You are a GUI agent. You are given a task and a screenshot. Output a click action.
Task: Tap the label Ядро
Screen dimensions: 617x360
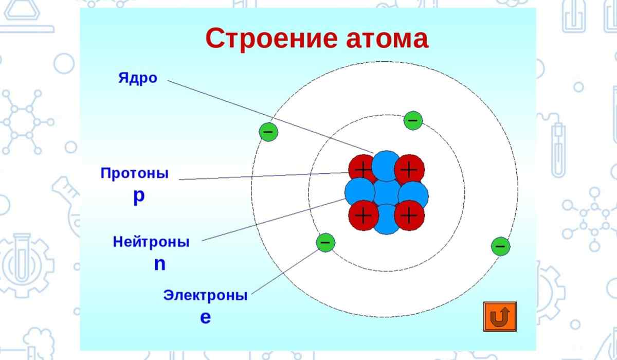click(x=138, y=79)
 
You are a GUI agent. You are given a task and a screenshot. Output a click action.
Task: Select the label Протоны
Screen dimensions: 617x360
click(x=134, y=173)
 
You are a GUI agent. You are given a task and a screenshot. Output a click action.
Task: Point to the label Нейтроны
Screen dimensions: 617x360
click(x=151, y=242)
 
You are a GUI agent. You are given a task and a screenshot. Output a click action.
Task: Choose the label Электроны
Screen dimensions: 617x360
click(x=206, y=296)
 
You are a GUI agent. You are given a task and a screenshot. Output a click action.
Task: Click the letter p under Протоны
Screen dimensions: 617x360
click(x=139, y=196)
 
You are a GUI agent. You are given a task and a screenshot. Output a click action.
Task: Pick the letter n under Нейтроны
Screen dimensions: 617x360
click(x=160, y=264)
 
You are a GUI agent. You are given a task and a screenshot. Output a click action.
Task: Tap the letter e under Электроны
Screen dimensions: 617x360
click(x=206, y=318)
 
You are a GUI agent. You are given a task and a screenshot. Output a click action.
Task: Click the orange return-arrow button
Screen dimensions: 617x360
click(x=500, y=316)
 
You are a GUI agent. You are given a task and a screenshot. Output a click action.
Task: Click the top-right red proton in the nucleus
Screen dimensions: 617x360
click(x=410, y=169)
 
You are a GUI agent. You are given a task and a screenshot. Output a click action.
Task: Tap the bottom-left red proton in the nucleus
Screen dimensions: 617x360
click(x=364, y=215)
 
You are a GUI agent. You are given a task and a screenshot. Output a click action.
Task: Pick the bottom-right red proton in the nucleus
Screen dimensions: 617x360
click(x=410, y=215)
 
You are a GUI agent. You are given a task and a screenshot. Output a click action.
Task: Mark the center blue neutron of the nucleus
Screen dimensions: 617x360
click(x=387, y=193)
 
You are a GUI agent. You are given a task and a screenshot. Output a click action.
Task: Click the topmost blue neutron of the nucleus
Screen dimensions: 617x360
click(x=386, y=166)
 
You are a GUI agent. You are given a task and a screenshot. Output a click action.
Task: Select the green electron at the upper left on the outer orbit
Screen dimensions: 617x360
click(x=268, y=132)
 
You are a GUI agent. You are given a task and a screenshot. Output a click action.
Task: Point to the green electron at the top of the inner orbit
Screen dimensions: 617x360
click(x=413, y=120)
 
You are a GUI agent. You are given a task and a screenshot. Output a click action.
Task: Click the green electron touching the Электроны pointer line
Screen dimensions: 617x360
click(x=325, y=243)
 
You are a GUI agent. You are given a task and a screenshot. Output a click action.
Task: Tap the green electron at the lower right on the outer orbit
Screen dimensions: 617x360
click(x=500, y=246)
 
